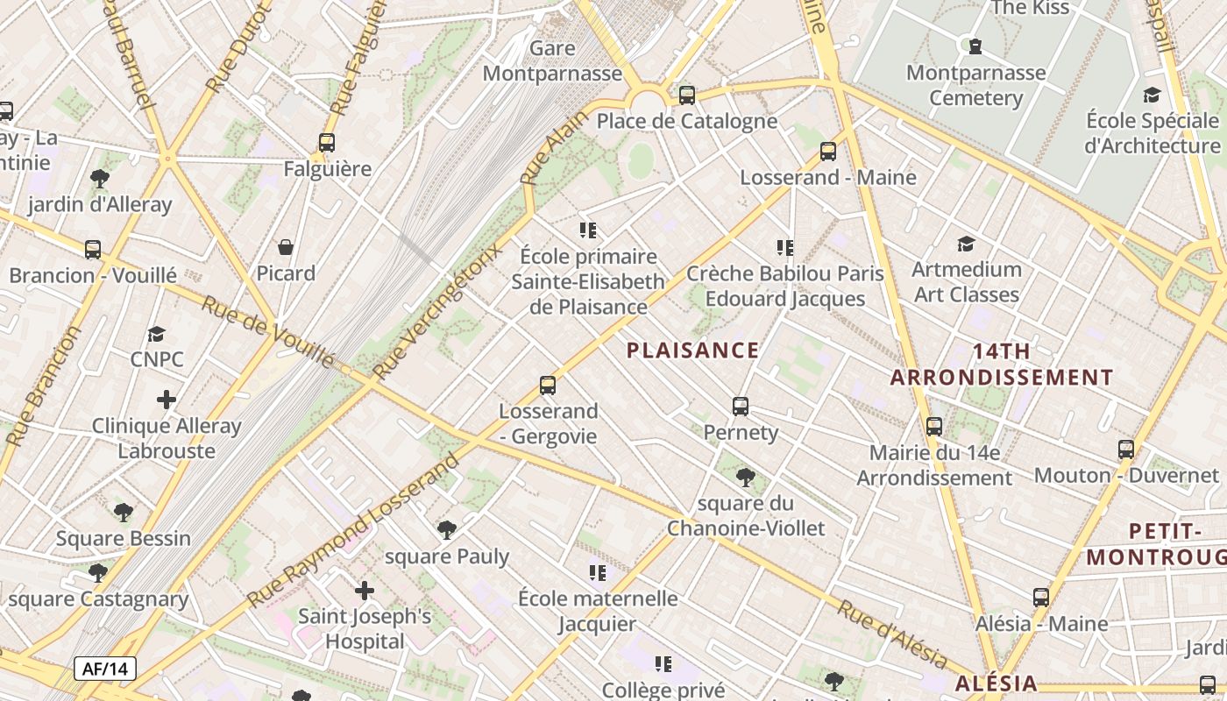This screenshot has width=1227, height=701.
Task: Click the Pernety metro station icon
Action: [x=741, y=407]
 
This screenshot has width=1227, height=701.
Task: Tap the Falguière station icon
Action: [x=327, y=143]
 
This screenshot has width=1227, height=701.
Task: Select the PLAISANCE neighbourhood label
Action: [x=692, y=350]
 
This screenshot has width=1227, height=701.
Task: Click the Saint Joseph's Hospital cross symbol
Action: [x=364, y=591]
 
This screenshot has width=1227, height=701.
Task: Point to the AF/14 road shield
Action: [x=105, y=669]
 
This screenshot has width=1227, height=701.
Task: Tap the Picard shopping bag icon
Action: [x=286, y=248]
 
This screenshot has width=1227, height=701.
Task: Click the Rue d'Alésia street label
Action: [x=891, y=635]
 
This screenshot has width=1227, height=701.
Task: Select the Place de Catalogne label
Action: [x=686, y=121]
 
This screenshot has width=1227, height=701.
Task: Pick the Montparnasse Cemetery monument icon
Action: [x=975, y=46]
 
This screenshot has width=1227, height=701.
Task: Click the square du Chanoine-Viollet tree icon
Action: [x=745, y=478]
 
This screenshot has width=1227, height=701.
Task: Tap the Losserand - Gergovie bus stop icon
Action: [x=548, y=386]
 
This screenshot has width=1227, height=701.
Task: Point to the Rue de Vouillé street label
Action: [x=268, y=332]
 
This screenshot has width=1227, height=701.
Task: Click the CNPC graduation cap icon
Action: [x=156, y=335]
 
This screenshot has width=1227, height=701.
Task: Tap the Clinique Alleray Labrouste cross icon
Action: [x=167, y=400]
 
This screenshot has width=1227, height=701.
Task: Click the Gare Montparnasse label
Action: [x=552, y=60]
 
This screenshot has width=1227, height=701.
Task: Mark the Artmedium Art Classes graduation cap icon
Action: [x=966, y=244]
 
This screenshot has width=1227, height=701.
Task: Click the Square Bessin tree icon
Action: [x=124, y=513]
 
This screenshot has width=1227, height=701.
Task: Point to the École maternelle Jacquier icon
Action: [x=598, y=574]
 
